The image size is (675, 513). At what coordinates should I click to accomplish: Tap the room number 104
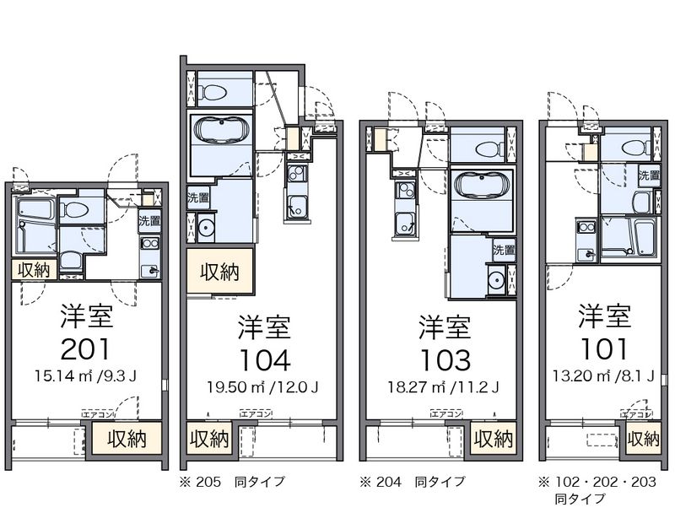[263, 359]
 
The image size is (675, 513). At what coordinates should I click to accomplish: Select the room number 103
[445, 359]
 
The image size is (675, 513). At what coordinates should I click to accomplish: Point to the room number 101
[603, 348]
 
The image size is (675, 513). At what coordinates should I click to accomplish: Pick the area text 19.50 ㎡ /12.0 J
[263, 387]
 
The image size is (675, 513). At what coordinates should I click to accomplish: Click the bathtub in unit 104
[221, 131]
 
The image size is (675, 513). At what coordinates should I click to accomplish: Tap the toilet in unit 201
[76, 208]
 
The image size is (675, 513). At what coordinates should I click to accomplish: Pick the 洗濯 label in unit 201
[151, 222]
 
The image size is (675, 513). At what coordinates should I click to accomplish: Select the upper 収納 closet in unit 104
[219, 272]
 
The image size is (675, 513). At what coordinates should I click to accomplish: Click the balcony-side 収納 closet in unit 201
[127, 439]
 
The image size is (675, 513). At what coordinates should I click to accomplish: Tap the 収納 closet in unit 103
[492, 440]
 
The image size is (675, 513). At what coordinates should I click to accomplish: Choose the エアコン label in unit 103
[445, 413]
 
